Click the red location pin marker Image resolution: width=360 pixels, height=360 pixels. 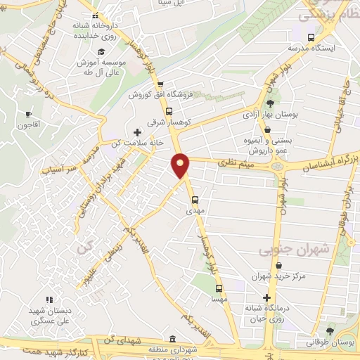pyautogui.click(x=181, y=165)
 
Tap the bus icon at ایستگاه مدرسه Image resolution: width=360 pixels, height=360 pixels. pyautogui.click(x=311, y=37)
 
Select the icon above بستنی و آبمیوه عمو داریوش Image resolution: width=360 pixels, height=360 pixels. pyautogui.click(x=269, y=129)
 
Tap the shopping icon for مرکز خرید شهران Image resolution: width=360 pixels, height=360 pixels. pyautogui.click(x=280, y=266)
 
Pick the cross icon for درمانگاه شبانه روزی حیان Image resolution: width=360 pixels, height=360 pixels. pyautogui.click(x=266, y=297)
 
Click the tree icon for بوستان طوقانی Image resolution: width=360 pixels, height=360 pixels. pyautogui.click(x=331, y=331)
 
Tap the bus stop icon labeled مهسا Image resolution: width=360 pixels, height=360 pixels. pyautogui.click(x=218, y=288)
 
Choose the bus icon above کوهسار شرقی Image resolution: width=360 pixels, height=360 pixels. pyautogui.click(x=168, y=111)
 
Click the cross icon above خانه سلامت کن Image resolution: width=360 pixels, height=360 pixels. pyautogui.click(x=137, y=131)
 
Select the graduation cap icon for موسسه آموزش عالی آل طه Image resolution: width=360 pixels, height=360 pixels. pyautogui.click(x=101, y=52)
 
